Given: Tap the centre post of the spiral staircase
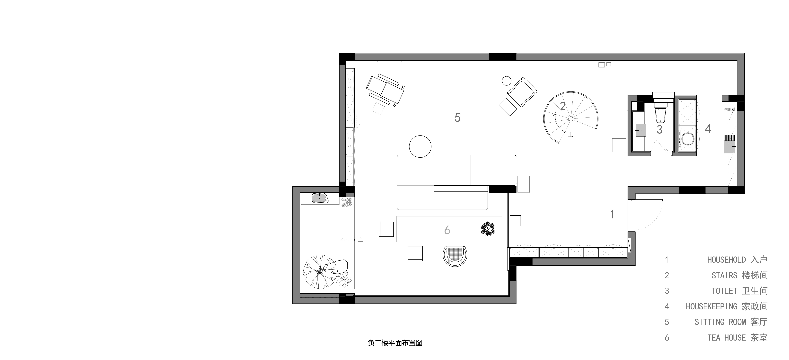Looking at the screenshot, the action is coord(571,118).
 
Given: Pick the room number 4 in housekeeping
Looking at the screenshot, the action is coord(708,129).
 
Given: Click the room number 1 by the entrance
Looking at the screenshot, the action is coord(612,214).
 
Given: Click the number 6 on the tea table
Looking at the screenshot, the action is coord(447,230).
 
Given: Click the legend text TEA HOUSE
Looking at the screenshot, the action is coord(727,338).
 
